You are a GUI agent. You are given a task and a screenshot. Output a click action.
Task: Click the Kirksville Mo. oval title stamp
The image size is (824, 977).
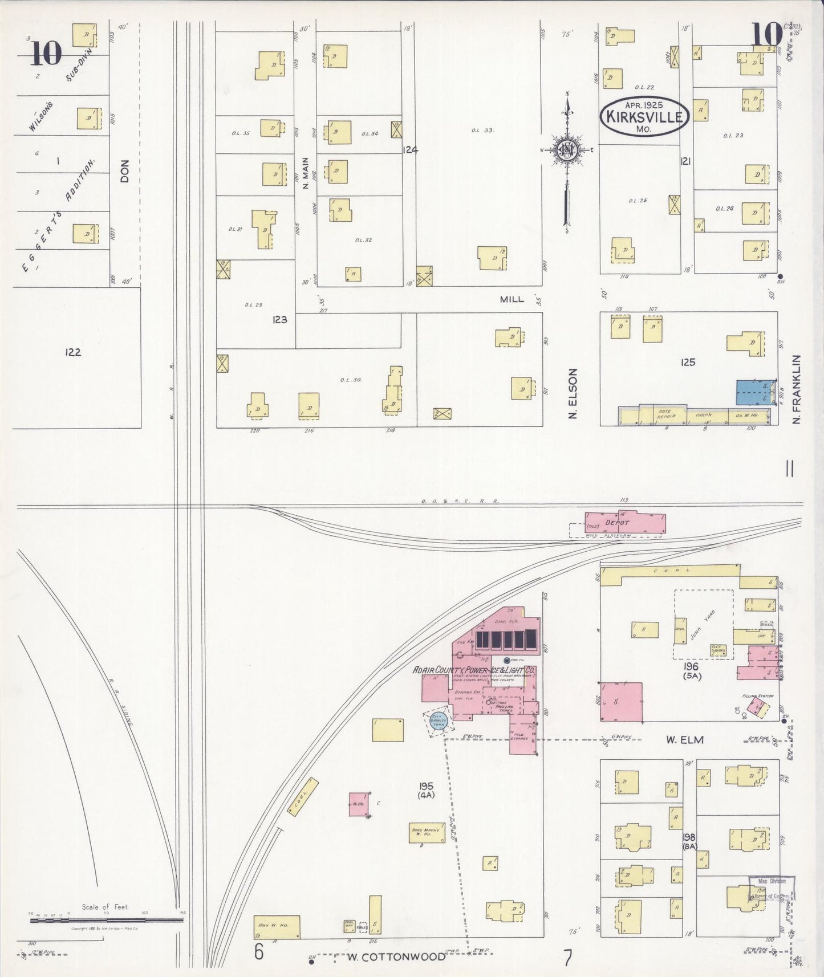pyautogui.click(x=645, y=116)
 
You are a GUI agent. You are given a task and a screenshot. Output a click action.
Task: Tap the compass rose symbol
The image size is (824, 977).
pyautogui.click(x=567, y=149)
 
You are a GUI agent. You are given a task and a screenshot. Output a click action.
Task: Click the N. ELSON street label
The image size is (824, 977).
pyautogui.click(x=573, y=393)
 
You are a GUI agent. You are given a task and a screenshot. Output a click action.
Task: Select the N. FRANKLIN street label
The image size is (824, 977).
pyautogui.click(x=797, y=389)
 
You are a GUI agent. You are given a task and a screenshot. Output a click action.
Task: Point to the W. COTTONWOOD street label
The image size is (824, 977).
pyautogui.click(x=396, y=956)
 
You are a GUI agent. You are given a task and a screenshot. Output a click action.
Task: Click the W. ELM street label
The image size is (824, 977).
pyautogui.click(x=684, y=740)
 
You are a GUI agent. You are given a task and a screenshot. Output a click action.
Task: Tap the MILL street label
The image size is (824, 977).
pyautogui.click(x=512, y=299)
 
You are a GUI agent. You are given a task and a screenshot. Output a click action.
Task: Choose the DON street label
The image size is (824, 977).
pyautogui.click(x=125, y=171)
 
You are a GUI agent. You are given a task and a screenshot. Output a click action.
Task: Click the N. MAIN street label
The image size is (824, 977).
pyautogui.click(x=305, y=173)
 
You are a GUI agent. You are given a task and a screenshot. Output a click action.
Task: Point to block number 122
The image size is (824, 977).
pyautogui.click(x=73, y=352)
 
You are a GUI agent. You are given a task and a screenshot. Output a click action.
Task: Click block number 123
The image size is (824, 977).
pyautogui.click(x=279, y=320)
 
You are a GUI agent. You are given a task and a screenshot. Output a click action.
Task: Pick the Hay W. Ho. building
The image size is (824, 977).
pyautogui.click(x=277, y=927)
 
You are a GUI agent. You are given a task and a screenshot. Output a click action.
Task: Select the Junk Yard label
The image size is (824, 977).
pyautogui.click(x=703, y=624)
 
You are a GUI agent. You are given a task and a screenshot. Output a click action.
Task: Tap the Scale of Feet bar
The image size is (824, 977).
pyautogui.click(x=105, y=919)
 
